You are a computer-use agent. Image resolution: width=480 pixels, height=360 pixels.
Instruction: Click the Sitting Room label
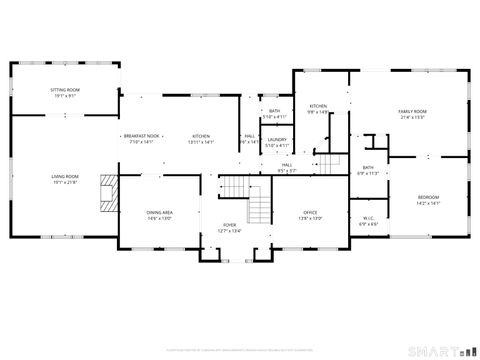pyautogui.click(x=65, y=90)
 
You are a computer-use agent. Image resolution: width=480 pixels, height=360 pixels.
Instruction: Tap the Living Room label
pyautogui.click(x=65, y=177)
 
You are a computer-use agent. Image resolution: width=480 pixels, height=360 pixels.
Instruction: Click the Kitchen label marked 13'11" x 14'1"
pyautogui.click(x=201, y=136)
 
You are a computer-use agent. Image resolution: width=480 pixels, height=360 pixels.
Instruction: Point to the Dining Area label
pyautogui.click(x=160, y=212)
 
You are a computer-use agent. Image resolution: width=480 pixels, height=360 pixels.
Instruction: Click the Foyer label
pyautogui.click(x=229, y=225)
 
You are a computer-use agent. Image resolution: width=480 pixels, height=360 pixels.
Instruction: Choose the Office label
pyautogui.click(x=310, y=212)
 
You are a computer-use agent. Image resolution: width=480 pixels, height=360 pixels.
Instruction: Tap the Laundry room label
pyautogui.click(x=277, y=140)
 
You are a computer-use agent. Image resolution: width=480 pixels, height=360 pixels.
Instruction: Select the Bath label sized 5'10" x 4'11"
pyautogui.click(x=274, y=112)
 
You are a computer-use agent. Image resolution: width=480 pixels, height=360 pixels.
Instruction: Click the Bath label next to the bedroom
pyautogui.click(x=368, y=168)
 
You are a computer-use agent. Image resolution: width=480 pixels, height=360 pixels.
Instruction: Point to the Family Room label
pyautogui.click(x=412, y=112)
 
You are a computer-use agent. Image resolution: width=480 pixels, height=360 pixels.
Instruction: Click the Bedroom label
pyautogui.click(x=428, y=198)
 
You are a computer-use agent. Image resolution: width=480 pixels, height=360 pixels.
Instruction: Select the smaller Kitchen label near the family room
pyautogui.click(x=318, y=106)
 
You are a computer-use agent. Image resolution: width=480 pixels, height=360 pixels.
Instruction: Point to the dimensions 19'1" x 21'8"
pyautogui.click(x=65, y=181)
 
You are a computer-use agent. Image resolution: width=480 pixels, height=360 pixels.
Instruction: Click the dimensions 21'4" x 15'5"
pyautogui.click(x=412, y=116)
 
